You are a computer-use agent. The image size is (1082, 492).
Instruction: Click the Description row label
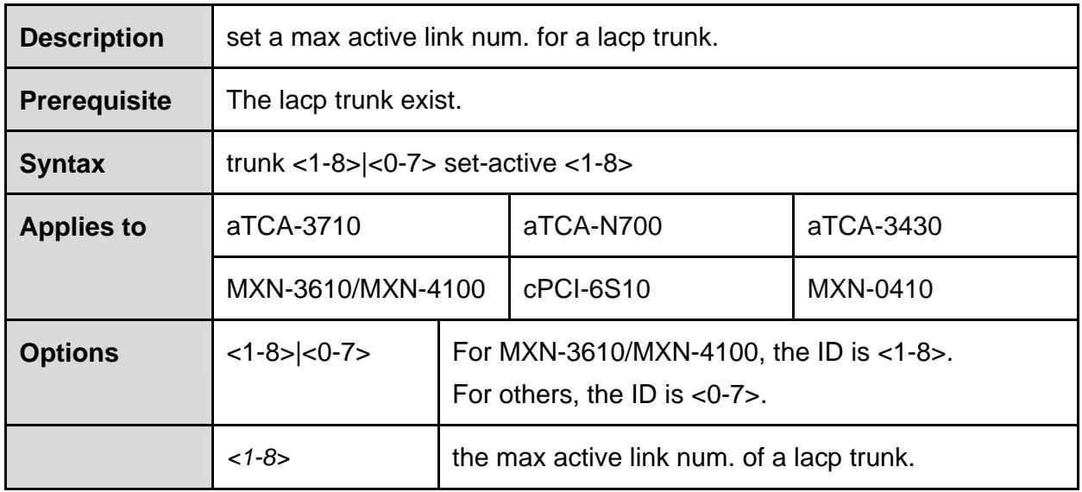coord(91,38)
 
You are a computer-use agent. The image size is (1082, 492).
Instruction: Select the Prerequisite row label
coord(96,101)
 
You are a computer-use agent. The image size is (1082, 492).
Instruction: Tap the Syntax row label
coord(62,164)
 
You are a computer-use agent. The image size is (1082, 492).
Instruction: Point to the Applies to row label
coord(83,227)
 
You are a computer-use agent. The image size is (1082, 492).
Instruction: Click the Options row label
coord(69,353)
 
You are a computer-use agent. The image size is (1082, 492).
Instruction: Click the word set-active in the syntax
coord(500,163)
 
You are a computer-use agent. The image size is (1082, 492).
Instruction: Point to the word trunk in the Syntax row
coord(255,163)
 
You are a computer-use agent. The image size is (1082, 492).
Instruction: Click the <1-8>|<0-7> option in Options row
coord(299,353)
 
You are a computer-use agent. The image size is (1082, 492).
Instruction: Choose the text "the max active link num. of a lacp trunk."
coord(683,457)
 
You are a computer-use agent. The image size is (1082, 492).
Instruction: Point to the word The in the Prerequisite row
coord(248,100)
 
